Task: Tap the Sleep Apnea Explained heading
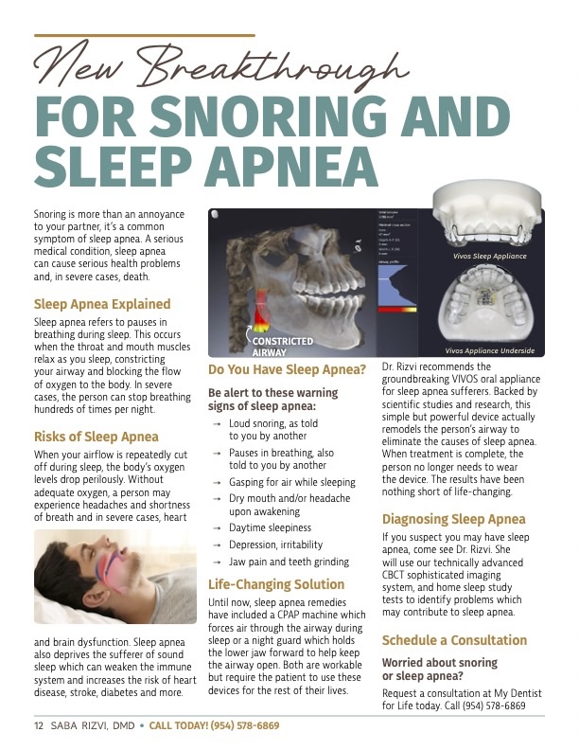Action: [102, 304]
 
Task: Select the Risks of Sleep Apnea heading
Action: [96, 437]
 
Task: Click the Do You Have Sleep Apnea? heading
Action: [287, 369]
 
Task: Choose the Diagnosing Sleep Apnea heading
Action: [453, 519]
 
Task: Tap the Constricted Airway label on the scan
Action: [281, 346]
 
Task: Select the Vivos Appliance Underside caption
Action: [489, 350]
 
